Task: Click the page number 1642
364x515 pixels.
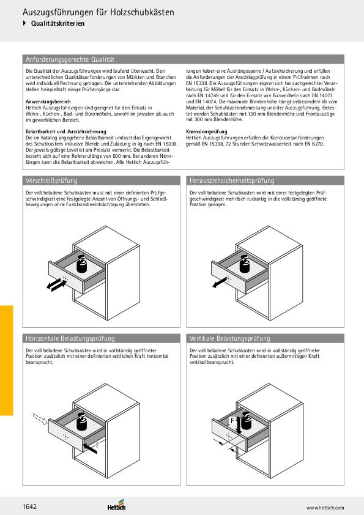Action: coord(29,506)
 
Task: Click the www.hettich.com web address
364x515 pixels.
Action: coord(325,508)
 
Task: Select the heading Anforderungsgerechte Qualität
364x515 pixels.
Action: coord(70,59)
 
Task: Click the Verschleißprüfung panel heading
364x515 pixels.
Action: coord(51,180)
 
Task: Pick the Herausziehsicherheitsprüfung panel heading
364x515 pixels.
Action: coord(232,180)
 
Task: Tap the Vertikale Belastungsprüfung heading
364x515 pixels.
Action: coord(229,338)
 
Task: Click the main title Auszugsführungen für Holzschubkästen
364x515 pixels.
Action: coord(98,12)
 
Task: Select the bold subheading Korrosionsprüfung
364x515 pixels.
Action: coord(206,132)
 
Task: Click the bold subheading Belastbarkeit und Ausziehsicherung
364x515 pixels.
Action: coord(66,132)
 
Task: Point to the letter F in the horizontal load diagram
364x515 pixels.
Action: coord(97,445)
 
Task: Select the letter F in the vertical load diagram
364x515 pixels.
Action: coord(232,421)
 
